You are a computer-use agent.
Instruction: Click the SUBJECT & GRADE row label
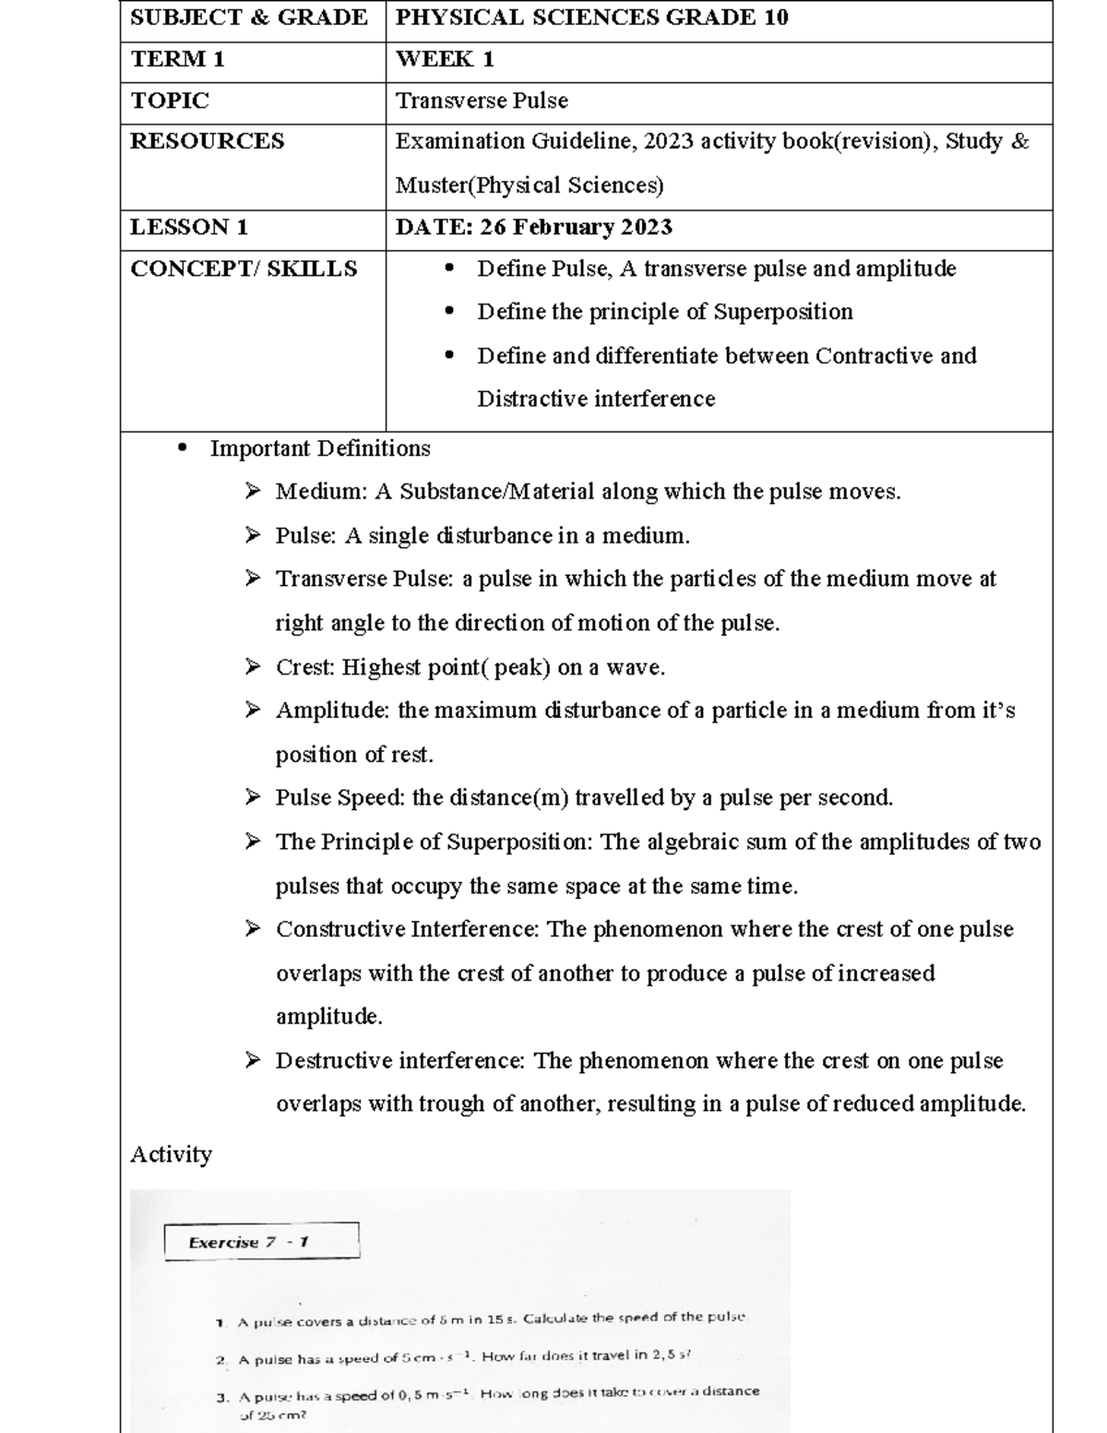point(248,18)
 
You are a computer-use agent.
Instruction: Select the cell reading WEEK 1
point(445,60)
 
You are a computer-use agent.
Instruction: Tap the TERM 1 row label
point(177,60)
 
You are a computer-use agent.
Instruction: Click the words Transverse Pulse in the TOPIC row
point(482,102)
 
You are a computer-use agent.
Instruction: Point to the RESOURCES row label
point(207,142)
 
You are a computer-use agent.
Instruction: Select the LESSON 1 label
point(188,228)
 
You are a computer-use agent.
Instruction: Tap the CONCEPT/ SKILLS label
point(244,269)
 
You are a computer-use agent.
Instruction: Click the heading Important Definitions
point(320,449)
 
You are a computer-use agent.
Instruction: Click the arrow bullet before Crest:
point(253,667)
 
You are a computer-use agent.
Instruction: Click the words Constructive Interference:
point(407,930)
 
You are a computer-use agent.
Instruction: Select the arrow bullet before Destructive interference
point(253,1061)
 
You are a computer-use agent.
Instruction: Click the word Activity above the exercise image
point(171,1155)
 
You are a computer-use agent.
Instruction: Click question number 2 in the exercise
point(221,1360)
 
